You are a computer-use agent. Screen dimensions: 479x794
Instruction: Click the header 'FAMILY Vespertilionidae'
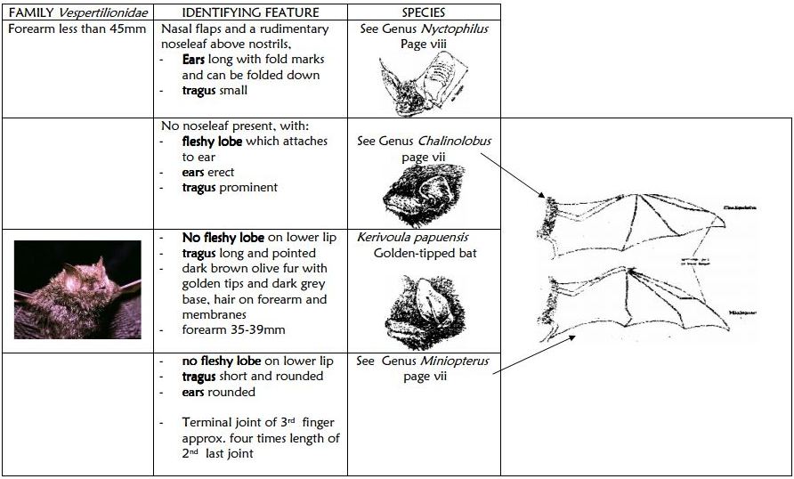tap(77, 12)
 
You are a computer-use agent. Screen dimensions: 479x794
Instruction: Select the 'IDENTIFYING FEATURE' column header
tap(249, 12)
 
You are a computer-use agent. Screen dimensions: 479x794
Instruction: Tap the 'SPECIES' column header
tap(423, 12)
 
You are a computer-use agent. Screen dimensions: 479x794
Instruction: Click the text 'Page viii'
tap(424, 44)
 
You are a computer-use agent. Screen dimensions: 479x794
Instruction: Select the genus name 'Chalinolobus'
tap(460, 141)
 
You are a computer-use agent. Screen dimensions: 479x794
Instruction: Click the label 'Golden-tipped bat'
tap(423, 253)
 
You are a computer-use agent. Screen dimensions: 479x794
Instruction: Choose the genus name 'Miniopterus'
tap(458, 361)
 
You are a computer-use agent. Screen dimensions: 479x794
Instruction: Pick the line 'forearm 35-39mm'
tap(232, 330)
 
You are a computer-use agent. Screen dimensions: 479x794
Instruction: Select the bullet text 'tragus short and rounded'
tap(253, 376)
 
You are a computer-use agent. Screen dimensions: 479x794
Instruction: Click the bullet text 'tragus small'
tap(215, 90)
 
